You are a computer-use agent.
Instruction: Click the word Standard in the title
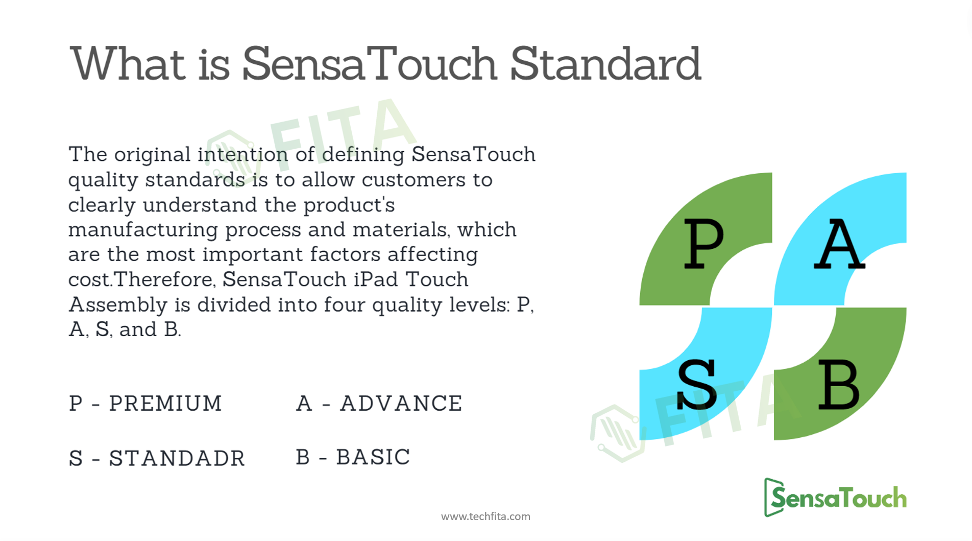[x=605, y=64]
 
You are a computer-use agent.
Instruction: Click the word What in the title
[x=128, y=63]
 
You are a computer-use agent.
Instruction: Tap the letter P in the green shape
[x=703, y=244]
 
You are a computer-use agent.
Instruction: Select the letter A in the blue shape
[x=839, y=244]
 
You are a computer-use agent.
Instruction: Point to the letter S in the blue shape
[x=697, y=384]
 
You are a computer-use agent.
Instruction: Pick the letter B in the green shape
[x=839, y=384]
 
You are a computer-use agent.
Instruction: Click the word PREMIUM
[x=165, y=403]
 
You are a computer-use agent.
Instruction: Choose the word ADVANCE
[x=401, y=403]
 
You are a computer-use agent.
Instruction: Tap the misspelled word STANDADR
[x=177, y=458]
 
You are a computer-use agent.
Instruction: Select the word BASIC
[x=373, y=457]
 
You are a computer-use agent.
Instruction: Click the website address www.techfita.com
[x=485, y=516]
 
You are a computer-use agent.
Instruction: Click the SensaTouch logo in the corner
[x=835, y=498]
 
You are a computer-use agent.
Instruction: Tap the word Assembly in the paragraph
[x=118, y=305]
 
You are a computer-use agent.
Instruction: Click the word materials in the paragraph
[x=402, y=230]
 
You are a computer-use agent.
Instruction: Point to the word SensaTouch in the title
[x=370, y=64]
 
